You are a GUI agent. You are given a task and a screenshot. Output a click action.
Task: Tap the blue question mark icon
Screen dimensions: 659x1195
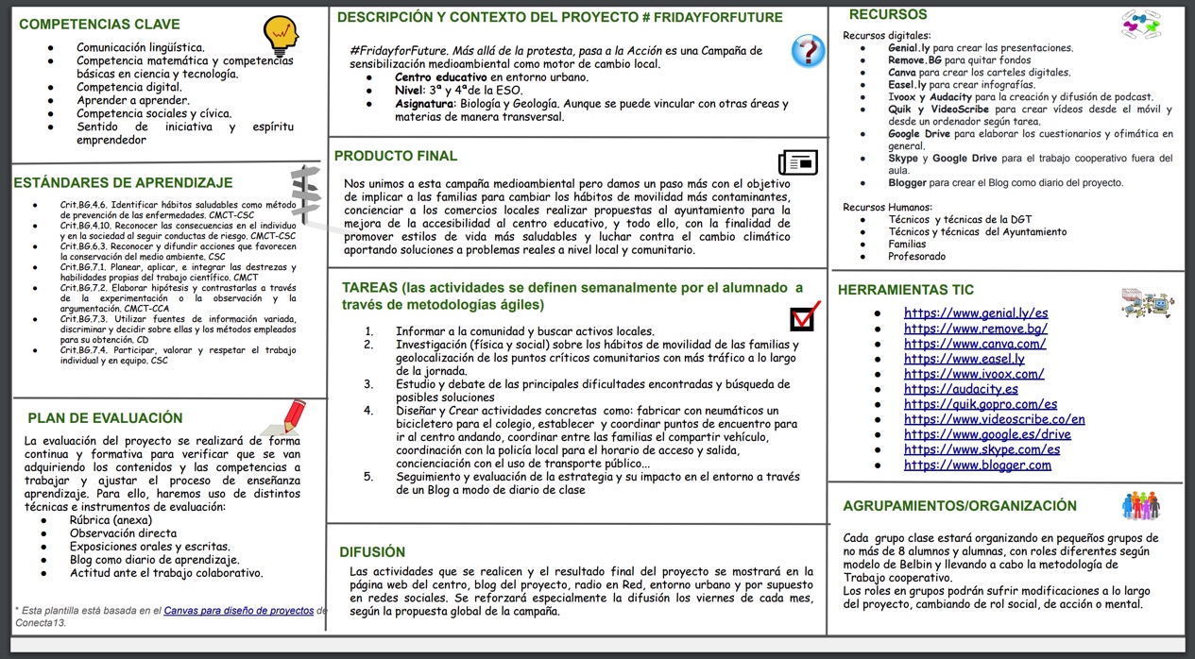tap(808, 50)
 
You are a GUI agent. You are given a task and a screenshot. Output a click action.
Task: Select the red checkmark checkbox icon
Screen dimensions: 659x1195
tap(803, 316)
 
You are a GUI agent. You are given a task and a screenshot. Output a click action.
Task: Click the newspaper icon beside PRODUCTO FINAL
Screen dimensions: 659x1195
tap(797, 162)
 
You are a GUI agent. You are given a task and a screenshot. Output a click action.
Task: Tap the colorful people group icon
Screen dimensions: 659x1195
tap(1140, 506)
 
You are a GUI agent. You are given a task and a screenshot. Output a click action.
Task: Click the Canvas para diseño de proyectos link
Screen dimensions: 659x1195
tap(239, 611)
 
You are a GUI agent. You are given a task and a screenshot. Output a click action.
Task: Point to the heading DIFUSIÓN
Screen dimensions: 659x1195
tap(372, 551)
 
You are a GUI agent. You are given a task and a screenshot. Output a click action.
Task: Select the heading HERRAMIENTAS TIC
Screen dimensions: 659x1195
tap(905, 290)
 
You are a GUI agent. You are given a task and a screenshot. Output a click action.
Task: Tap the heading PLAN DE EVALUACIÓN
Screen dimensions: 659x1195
tap(105, 417)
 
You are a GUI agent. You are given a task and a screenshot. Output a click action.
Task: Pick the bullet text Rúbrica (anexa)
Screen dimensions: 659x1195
tap(111, 520)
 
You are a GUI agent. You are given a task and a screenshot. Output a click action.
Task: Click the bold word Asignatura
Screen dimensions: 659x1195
tap(424, 104)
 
